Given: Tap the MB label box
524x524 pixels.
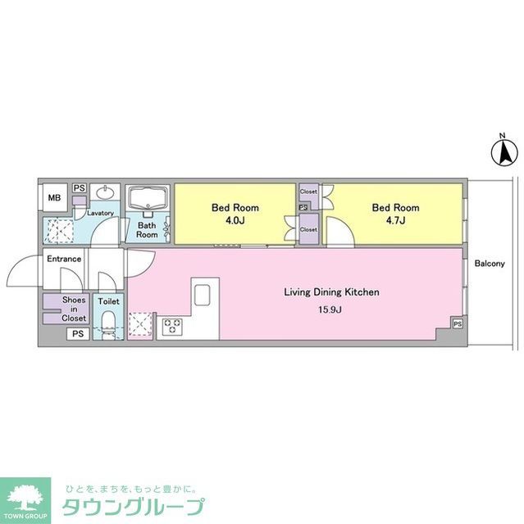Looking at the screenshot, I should click(53, 198).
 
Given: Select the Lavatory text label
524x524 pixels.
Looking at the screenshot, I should click(100, 213).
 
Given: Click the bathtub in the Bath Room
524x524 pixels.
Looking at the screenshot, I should click(148, 200).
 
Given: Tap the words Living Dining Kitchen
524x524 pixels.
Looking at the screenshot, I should click(330, 291).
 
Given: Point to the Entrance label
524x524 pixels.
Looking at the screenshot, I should click(63, 260).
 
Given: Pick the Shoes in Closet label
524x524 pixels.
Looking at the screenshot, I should click(75, 308).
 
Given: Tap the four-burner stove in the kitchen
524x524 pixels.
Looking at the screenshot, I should click(173, 327).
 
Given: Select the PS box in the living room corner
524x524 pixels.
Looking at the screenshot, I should click(457, 324).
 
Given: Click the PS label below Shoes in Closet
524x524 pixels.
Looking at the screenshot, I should click(77, 334).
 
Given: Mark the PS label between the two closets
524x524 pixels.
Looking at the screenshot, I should click(303, 207).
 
